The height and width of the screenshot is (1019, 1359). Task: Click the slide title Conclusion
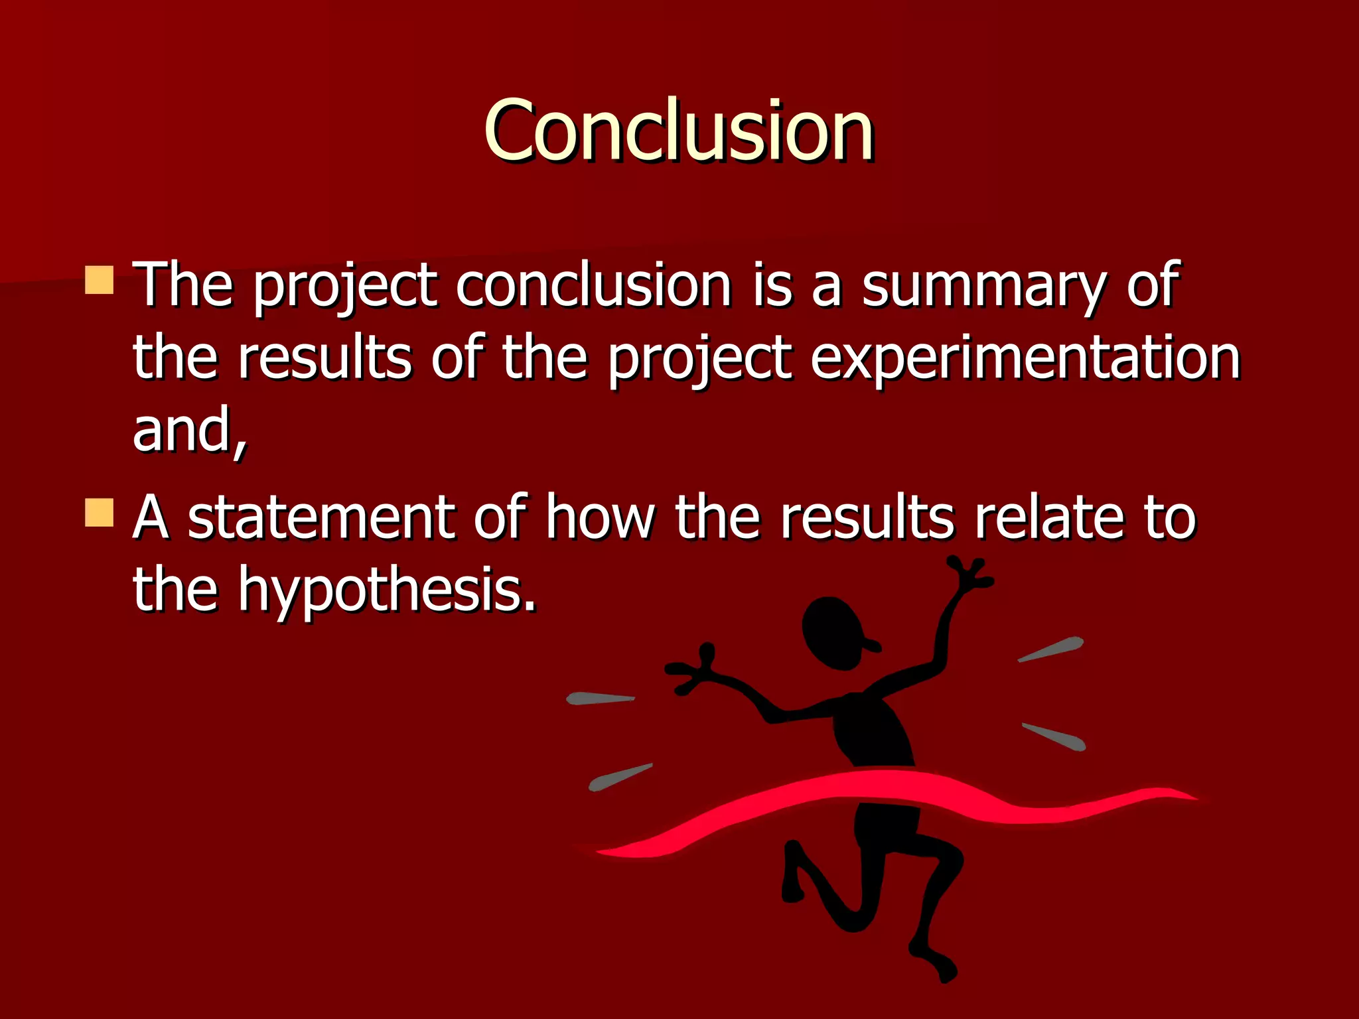pyautogui.click(x=678, y=130)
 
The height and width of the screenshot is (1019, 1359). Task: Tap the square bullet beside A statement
pyautogui.click(x=100, y=513)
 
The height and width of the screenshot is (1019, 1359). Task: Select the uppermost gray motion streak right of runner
pyautogui.click(x=1051, y=649)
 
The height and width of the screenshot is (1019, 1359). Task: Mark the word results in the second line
pyautogui.click(x=324, y=358)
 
